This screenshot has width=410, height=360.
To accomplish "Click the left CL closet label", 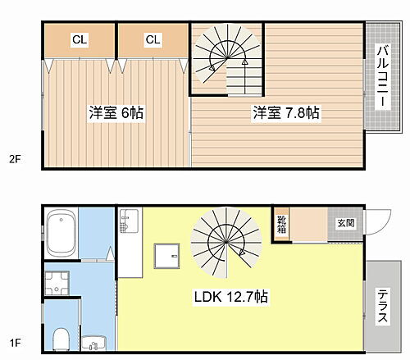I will click(79, 39).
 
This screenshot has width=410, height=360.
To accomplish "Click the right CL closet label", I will click(153, 39).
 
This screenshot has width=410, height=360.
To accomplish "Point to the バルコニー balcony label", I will click(382, 78).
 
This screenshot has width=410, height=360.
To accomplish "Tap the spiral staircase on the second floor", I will click(227, 59).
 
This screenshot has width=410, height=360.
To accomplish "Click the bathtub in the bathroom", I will click(62, 233).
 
